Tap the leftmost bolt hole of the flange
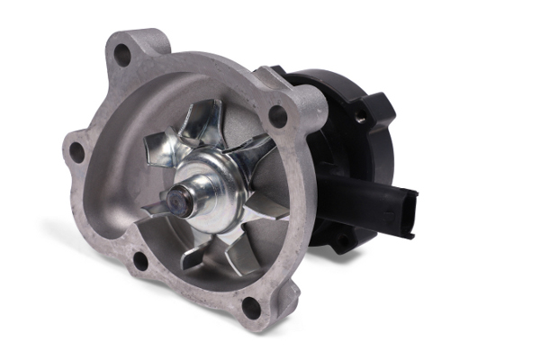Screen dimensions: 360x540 click(x=77, y=152)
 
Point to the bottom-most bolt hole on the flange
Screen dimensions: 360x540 click(x=251, y=307)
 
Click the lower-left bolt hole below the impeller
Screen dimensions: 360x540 click(x=139, y=262)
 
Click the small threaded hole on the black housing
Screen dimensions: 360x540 click(x=359, y=116)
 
